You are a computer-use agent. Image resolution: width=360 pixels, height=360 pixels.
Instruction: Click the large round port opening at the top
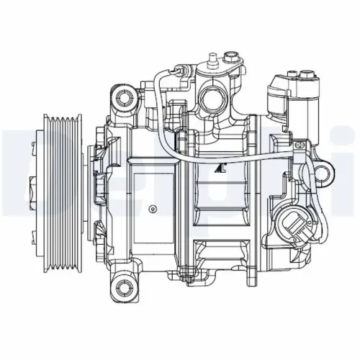215,95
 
